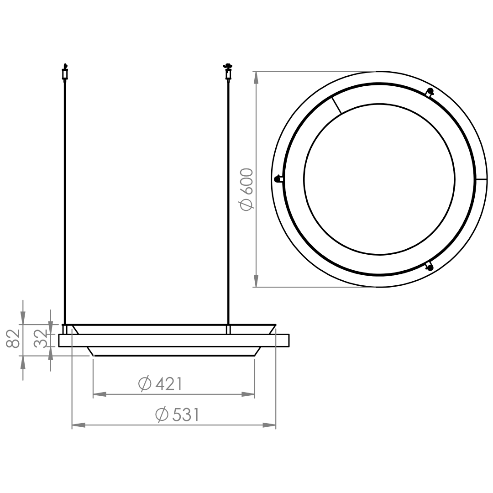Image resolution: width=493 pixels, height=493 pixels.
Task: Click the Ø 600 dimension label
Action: (246, 189)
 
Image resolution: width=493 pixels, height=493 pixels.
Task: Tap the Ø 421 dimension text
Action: (160, 384)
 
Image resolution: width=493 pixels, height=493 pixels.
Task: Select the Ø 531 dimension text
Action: (178, 414)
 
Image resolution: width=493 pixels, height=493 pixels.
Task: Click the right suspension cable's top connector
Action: (228, 72)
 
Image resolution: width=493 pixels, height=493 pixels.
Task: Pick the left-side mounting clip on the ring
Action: (279, 179)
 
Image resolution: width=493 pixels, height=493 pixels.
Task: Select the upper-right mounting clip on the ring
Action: (430, 92)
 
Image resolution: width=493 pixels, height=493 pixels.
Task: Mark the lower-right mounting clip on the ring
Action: (429, 266)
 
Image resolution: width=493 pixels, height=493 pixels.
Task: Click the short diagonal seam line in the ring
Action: (336, 105)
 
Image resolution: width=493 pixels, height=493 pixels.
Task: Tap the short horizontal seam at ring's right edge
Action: (482, 179)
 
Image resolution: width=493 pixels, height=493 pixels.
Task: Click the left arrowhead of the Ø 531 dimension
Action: (79, 425)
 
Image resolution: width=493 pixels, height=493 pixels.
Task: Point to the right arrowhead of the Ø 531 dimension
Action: (269, 425)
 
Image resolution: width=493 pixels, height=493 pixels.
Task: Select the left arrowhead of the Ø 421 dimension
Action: (100, 394)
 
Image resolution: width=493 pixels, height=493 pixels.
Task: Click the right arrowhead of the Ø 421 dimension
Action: (248, 394)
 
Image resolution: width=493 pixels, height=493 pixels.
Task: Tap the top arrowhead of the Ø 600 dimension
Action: (256, 79)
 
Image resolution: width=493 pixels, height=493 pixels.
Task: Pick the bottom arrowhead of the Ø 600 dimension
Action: (256, 280)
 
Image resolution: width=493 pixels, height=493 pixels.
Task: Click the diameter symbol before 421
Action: (145, 384)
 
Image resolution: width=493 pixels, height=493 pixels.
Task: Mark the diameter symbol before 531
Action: (162, 414)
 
